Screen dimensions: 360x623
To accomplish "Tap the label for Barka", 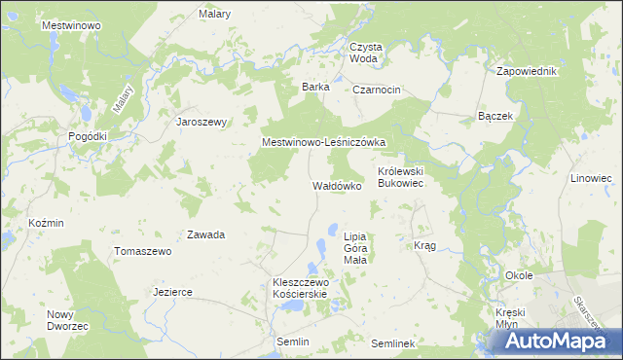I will [x=315, y=87].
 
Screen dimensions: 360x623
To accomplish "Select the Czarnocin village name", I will [x=378, y=90].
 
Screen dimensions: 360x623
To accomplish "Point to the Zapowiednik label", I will [x=526, y=72].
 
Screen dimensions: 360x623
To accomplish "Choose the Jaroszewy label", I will [x=201, y=122].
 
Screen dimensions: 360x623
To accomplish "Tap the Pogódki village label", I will [x=88, y=137].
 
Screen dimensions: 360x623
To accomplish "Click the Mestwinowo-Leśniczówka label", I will [x=324, y=142].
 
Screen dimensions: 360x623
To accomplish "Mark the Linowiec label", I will [x=591, y=179].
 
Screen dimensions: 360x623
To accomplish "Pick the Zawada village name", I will [x=206, y=234].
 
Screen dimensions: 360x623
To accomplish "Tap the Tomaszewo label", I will [x=143, y=251].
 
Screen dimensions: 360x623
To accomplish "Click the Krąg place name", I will [x=424, y=246].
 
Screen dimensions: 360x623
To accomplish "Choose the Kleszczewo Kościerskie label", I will [x=301, y=288].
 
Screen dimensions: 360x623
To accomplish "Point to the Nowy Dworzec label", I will [x=67, y=320].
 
